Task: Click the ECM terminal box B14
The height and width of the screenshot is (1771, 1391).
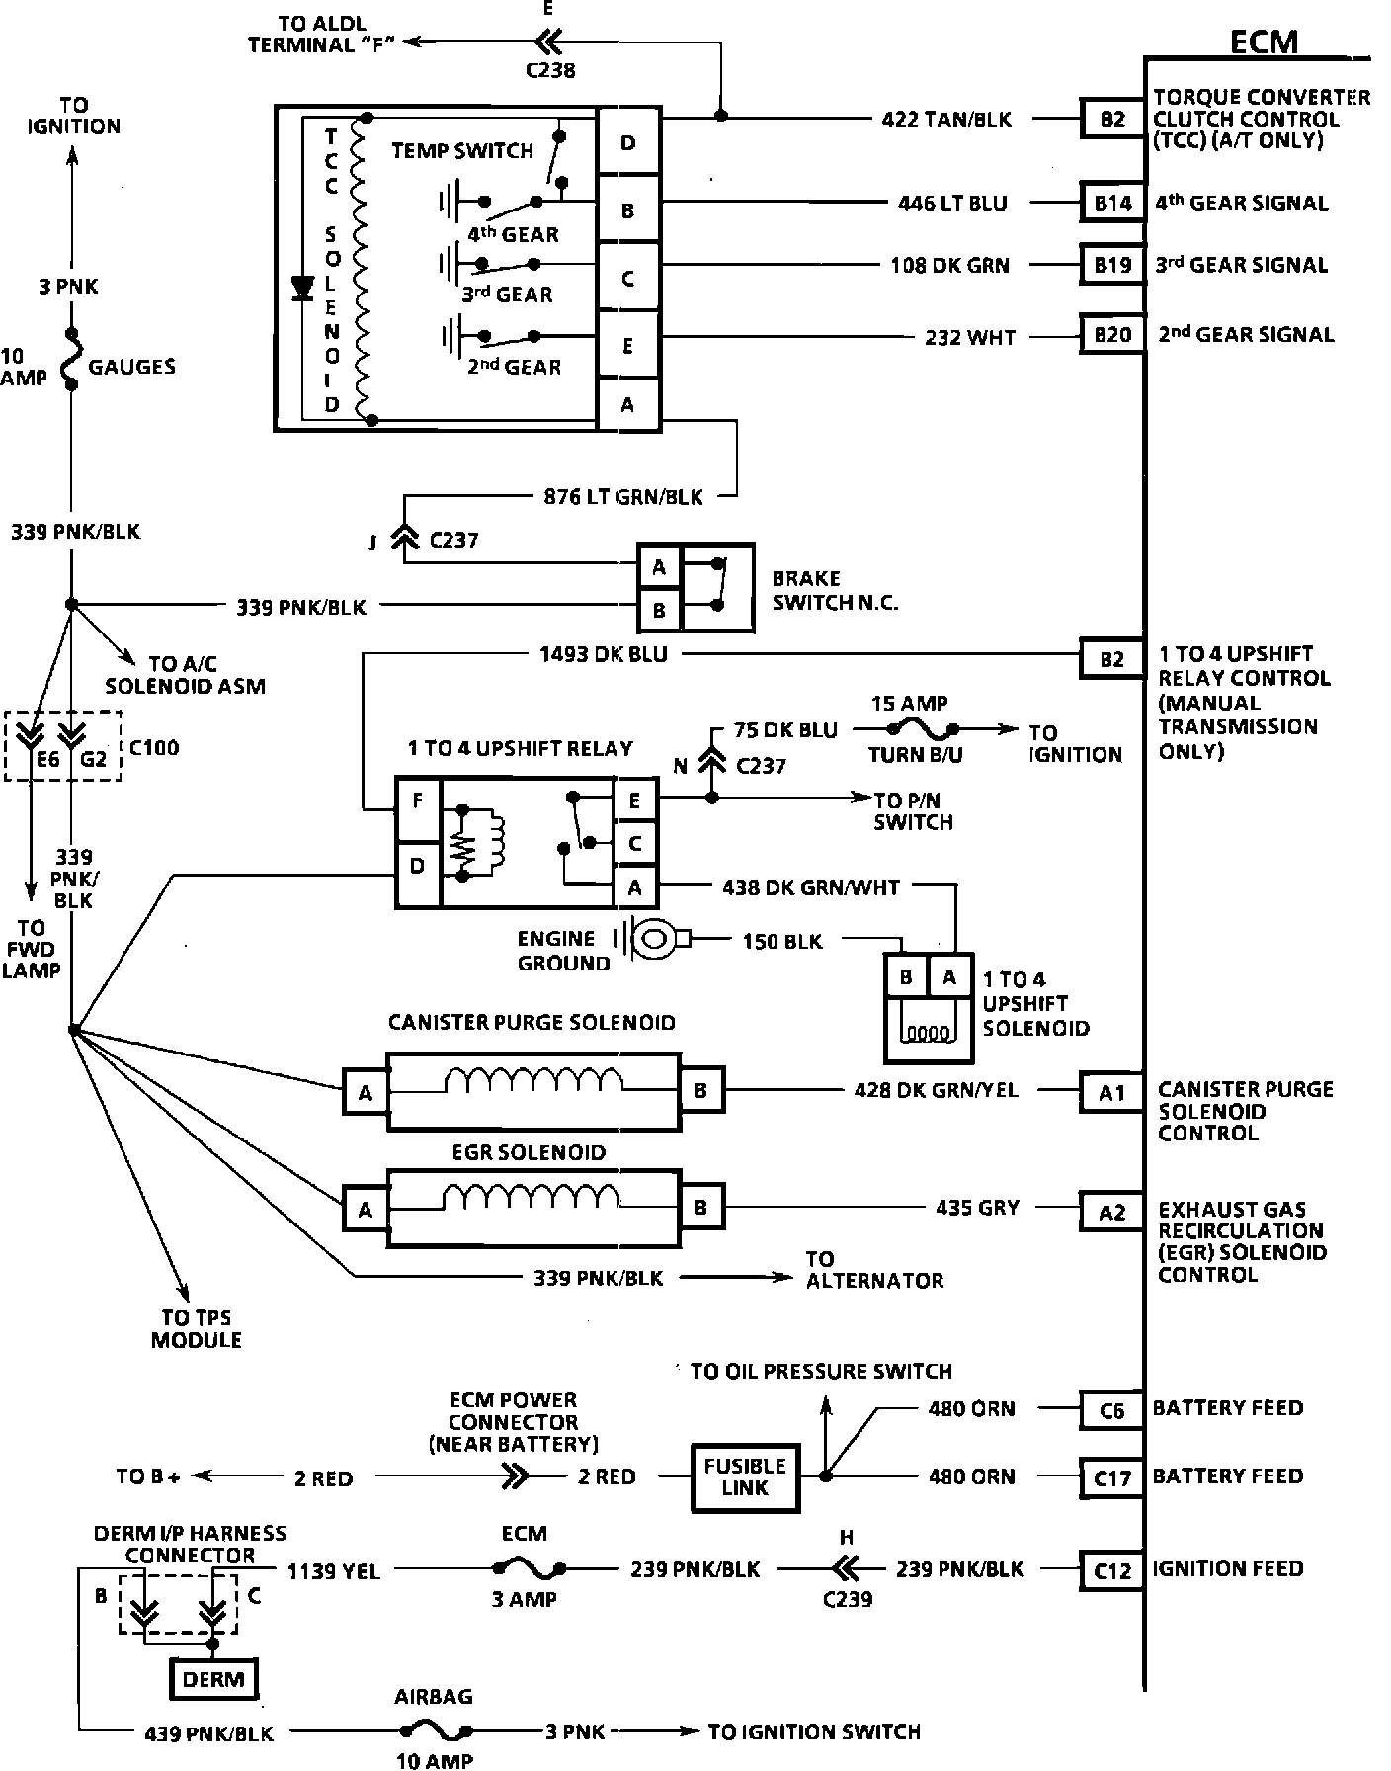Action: (1112, 203)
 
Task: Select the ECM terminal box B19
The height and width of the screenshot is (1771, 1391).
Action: (1112, 265)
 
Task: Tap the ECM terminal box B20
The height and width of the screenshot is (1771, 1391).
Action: (1112, 335)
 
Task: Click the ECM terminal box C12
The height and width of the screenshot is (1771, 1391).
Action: (1112, 1569)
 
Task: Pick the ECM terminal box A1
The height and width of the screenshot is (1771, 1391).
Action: (1112, 1093)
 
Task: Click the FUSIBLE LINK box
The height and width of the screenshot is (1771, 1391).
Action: (745, 1476)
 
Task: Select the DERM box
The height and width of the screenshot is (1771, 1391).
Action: (213, 1679)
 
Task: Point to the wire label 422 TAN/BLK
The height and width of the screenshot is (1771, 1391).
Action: (946, 120)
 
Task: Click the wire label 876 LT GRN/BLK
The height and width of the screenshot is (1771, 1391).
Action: (623, 496)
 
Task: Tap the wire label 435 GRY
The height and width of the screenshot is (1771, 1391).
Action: (977, 1208)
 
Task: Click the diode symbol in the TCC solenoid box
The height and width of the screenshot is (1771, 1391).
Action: (303, 288)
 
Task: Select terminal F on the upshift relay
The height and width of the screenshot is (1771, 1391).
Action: (418, 801)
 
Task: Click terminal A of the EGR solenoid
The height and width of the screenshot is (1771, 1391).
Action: (366, 1209)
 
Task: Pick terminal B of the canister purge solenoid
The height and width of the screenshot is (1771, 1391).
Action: (700, 1091)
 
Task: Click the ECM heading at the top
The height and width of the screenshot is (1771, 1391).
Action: (1264, 42)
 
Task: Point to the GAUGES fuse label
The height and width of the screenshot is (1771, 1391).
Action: (132, 367)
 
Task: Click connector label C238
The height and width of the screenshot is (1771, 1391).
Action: (550, 70)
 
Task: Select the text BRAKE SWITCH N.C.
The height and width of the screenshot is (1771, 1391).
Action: (835, 590)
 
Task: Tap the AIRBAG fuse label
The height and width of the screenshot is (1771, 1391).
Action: (434, 1697)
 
